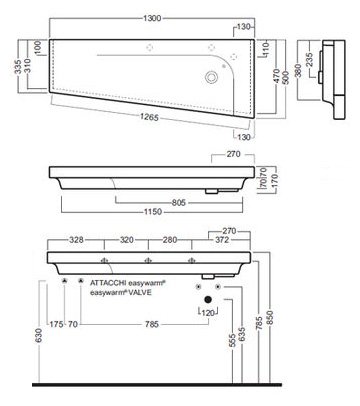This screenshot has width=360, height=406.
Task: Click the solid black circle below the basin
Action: click(208, 299)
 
